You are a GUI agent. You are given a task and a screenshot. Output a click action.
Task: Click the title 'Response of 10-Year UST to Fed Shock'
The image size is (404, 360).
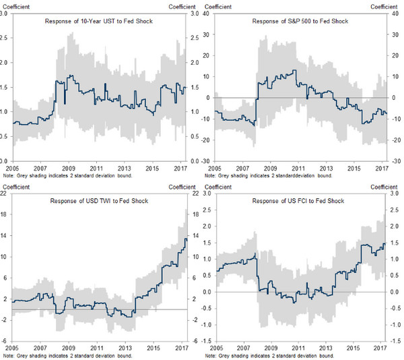[98, 22]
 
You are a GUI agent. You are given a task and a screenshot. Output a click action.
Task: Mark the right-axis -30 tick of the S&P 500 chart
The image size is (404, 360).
[399, 161]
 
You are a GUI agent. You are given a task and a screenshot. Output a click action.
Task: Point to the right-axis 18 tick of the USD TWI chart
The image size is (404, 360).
[196, 214]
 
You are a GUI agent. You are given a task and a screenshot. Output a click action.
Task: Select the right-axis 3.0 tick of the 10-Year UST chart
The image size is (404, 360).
[196, 13]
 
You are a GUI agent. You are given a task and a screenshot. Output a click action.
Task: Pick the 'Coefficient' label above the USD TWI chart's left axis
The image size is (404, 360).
[15, 187]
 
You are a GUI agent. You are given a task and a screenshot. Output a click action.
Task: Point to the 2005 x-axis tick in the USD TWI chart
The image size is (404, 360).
[14, 348]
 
